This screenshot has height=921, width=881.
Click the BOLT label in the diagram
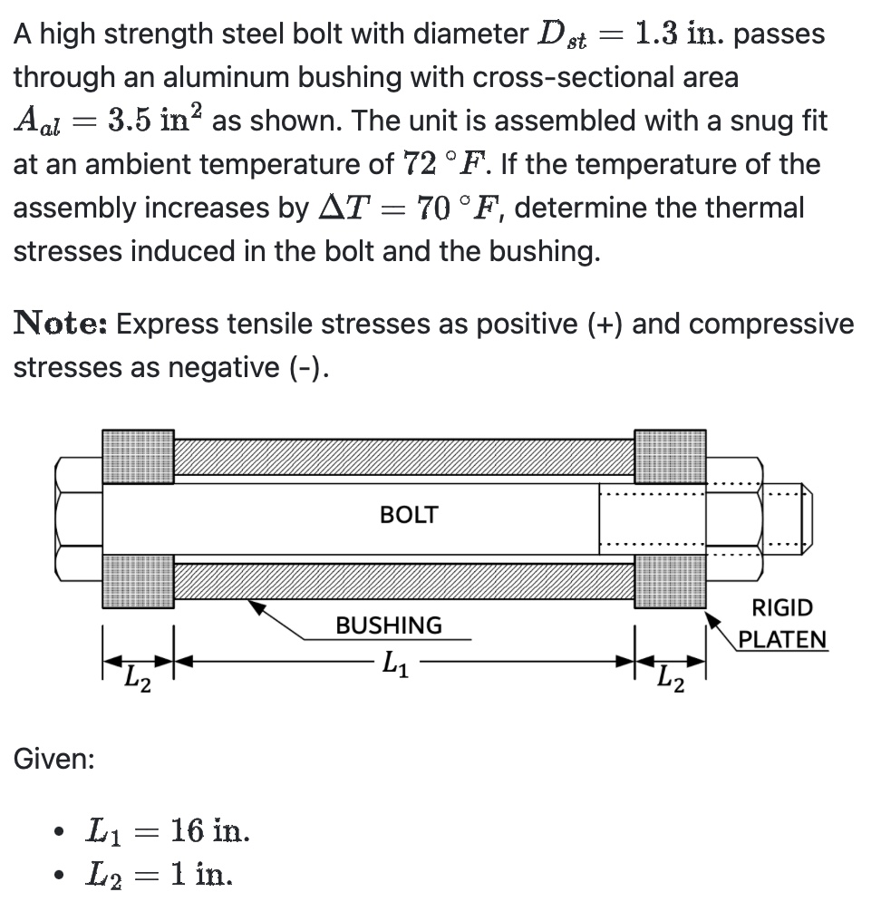[x=409, y=515]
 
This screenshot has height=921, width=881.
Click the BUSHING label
[x=389, y=625]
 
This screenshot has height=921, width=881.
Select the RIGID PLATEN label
[x=782, y=624]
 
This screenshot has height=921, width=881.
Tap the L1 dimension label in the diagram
[x=395, y=664]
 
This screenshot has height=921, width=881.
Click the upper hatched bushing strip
[x=403, y=458]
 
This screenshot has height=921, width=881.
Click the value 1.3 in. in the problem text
[x=679, y=34]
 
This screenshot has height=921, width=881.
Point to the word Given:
[x=53, y=758]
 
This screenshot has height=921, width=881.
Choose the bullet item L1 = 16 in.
[x=168, y=829]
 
